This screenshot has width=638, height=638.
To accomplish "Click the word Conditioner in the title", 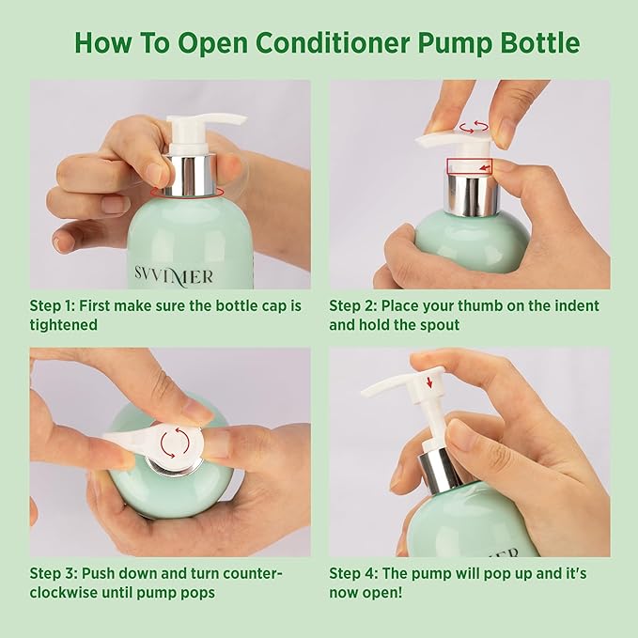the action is click(332, 42).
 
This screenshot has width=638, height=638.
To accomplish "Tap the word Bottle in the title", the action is click(540, 42).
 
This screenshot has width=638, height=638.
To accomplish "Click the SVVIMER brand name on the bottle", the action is click(174, 276).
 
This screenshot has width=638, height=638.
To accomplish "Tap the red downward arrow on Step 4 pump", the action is click(429, 382).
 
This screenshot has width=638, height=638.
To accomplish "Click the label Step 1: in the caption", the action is click(52, 306).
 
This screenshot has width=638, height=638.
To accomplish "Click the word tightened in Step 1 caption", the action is click(64, 325).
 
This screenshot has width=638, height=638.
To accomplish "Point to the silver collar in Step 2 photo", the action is click(472, 194).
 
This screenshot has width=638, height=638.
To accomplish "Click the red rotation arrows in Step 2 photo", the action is click(474, 127).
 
